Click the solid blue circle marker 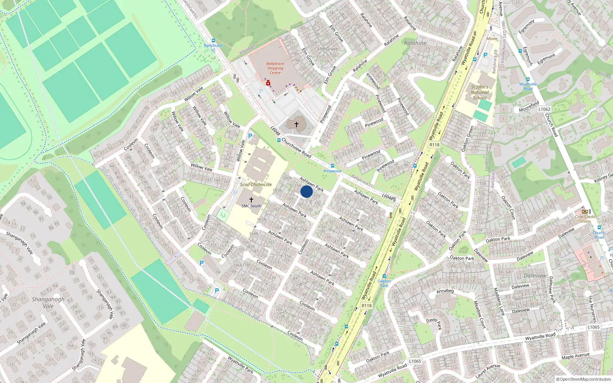tap(306, 191)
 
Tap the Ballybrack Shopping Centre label tap(275, 68)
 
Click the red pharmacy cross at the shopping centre tap(268, 83)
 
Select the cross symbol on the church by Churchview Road tap(296, 124)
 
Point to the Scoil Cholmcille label tap(256, 185)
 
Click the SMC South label tap(251, 206)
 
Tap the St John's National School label tap(479, 92)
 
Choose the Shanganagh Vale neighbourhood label tap(48, 303)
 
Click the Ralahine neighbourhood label tap(415, 43)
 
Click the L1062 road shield tap(544, 109)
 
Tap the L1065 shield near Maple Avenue tap(593, 327)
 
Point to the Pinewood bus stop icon tap(332, 166)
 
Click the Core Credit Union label tap(585, 219)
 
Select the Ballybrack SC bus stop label tap(213, 47)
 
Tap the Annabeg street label tap(445, 291)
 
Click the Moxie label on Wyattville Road tap(492, 39)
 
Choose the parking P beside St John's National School tap(485, 55)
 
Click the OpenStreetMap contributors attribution tap(583, 380)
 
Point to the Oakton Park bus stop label tap(384, 283)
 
